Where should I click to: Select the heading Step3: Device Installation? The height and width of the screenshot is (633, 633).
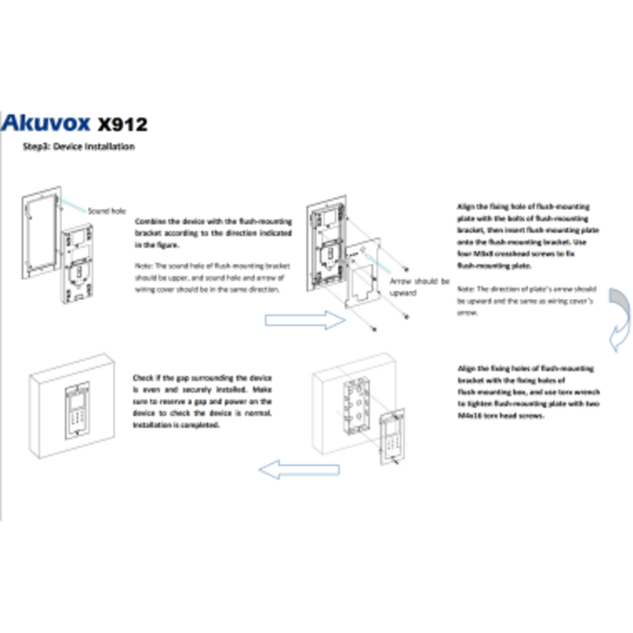pos(80,146)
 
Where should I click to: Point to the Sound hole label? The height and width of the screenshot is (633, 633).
pos(106,211)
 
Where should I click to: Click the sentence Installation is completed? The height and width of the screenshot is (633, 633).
pos(175,423)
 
